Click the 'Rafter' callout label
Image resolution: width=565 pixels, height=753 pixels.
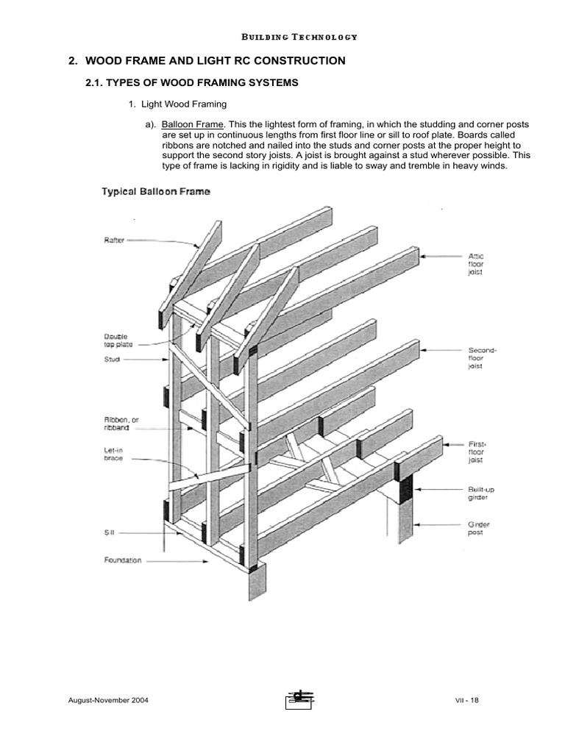tap(113, 239)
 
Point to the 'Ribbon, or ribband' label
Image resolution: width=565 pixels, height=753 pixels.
tap(121, 423)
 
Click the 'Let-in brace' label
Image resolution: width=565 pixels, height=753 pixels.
tap(113, 455)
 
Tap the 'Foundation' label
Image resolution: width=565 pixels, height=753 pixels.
tap(121, 560)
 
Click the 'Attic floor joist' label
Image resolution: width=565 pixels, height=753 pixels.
tap(476, 263)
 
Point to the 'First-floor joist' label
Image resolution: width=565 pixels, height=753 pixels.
tap(477, 452)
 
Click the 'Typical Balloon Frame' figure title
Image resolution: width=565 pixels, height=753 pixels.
tap(155, 192)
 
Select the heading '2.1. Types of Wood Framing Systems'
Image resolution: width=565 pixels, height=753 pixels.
tap(193, 83)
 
